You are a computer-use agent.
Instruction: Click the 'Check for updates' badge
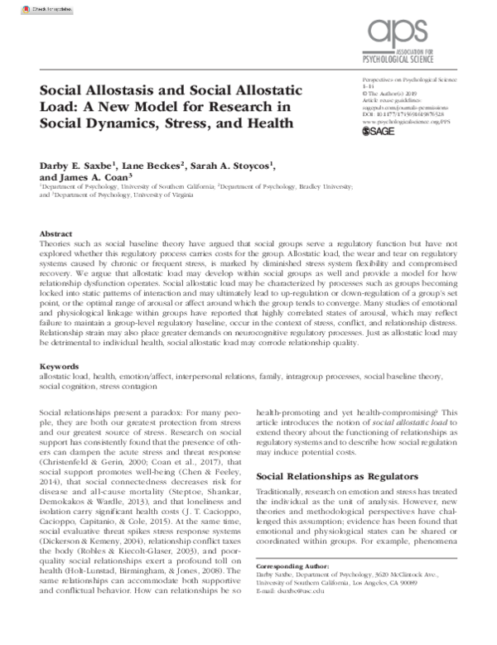coord(26,8)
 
